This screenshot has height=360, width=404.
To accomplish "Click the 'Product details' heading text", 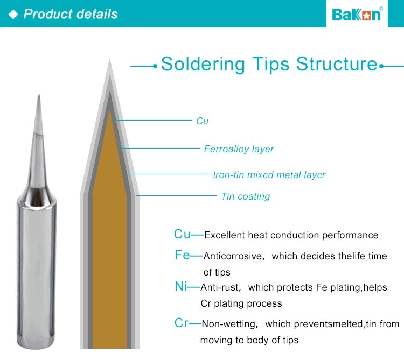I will (71, 14).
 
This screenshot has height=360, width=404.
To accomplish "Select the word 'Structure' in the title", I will (337, 64).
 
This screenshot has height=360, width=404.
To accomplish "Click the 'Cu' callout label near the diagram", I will (202, 121).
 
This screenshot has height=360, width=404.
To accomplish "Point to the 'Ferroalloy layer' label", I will (239, 149).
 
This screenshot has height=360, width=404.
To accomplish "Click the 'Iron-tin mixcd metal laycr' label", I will (269, 175).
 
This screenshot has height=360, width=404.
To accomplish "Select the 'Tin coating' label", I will (245, 196).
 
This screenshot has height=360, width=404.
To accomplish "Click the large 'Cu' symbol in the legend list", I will (182, 234).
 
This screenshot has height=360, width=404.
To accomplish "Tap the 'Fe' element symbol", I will (182, 255).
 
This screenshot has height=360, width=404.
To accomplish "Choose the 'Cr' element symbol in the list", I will (181, 323).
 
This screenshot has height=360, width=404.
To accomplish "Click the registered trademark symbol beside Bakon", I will (382, 8).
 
